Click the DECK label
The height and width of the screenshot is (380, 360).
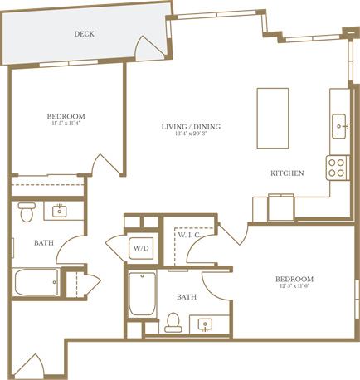pos(83,34)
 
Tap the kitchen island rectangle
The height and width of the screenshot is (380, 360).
pos(273,117)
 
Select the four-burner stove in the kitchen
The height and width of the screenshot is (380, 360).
pos(337,168)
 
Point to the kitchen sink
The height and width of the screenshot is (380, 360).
pos(340,126)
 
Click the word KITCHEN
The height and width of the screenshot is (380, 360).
pos(287,173)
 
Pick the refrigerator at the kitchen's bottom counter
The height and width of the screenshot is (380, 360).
pos(280,207)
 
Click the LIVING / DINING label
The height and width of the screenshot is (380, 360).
pos(191,126)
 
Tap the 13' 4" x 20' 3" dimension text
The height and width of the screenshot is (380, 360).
pos(191,135)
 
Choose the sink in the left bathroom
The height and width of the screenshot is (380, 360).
pos(60,212)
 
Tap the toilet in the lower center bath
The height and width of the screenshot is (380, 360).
pos(173,320)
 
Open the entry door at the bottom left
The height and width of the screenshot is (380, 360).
pos(36,366)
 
